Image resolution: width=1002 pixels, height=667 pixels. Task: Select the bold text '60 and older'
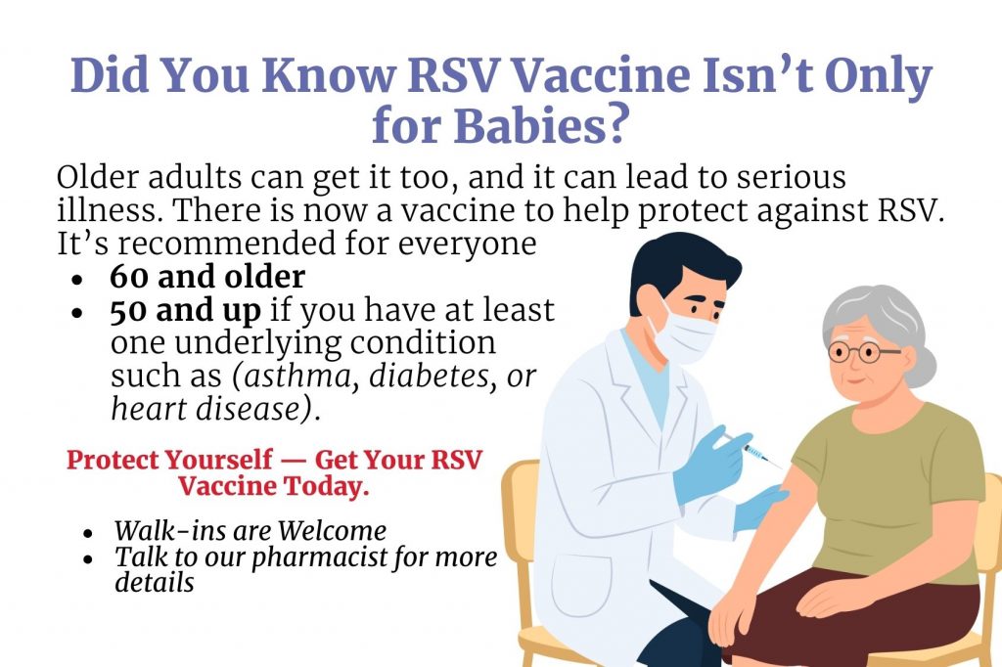(207, 276)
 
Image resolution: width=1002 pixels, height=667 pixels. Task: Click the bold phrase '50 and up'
(185, 310)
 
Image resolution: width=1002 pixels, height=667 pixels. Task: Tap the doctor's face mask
(685, 333)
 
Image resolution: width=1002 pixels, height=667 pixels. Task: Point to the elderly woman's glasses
(863, 351)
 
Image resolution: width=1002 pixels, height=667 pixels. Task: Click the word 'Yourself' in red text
(218, 460)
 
